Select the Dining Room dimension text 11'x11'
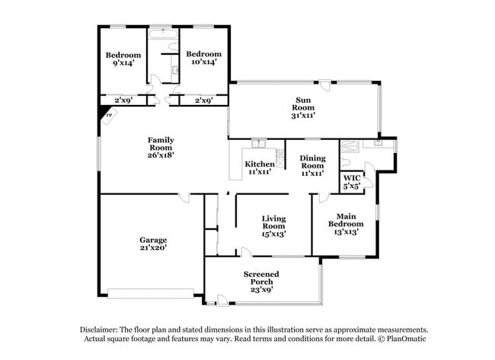pos(312,173)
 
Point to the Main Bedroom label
pos(346,219)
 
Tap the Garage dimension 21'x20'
pos(153,247)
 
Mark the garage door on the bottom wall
pos(150,292)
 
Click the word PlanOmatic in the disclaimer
pos(404,338)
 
